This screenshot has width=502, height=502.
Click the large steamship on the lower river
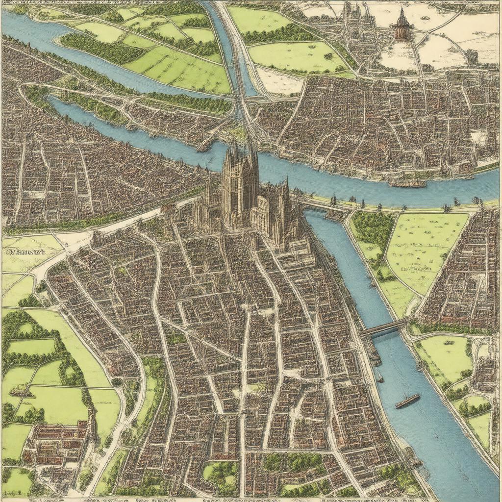click(407, 401)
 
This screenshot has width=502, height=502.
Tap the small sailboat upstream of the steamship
click(380, 377)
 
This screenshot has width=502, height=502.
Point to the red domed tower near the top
click(401, 29)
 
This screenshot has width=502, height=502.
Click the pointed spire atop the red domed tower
click(401, 12)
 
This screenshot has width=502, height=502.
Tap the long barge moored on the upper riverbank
click(407, 184)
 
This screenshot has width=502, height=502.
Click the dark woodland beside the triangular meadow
click(373, 227)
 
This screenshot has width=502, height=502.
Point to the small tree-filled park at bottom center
click(221, 474)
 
